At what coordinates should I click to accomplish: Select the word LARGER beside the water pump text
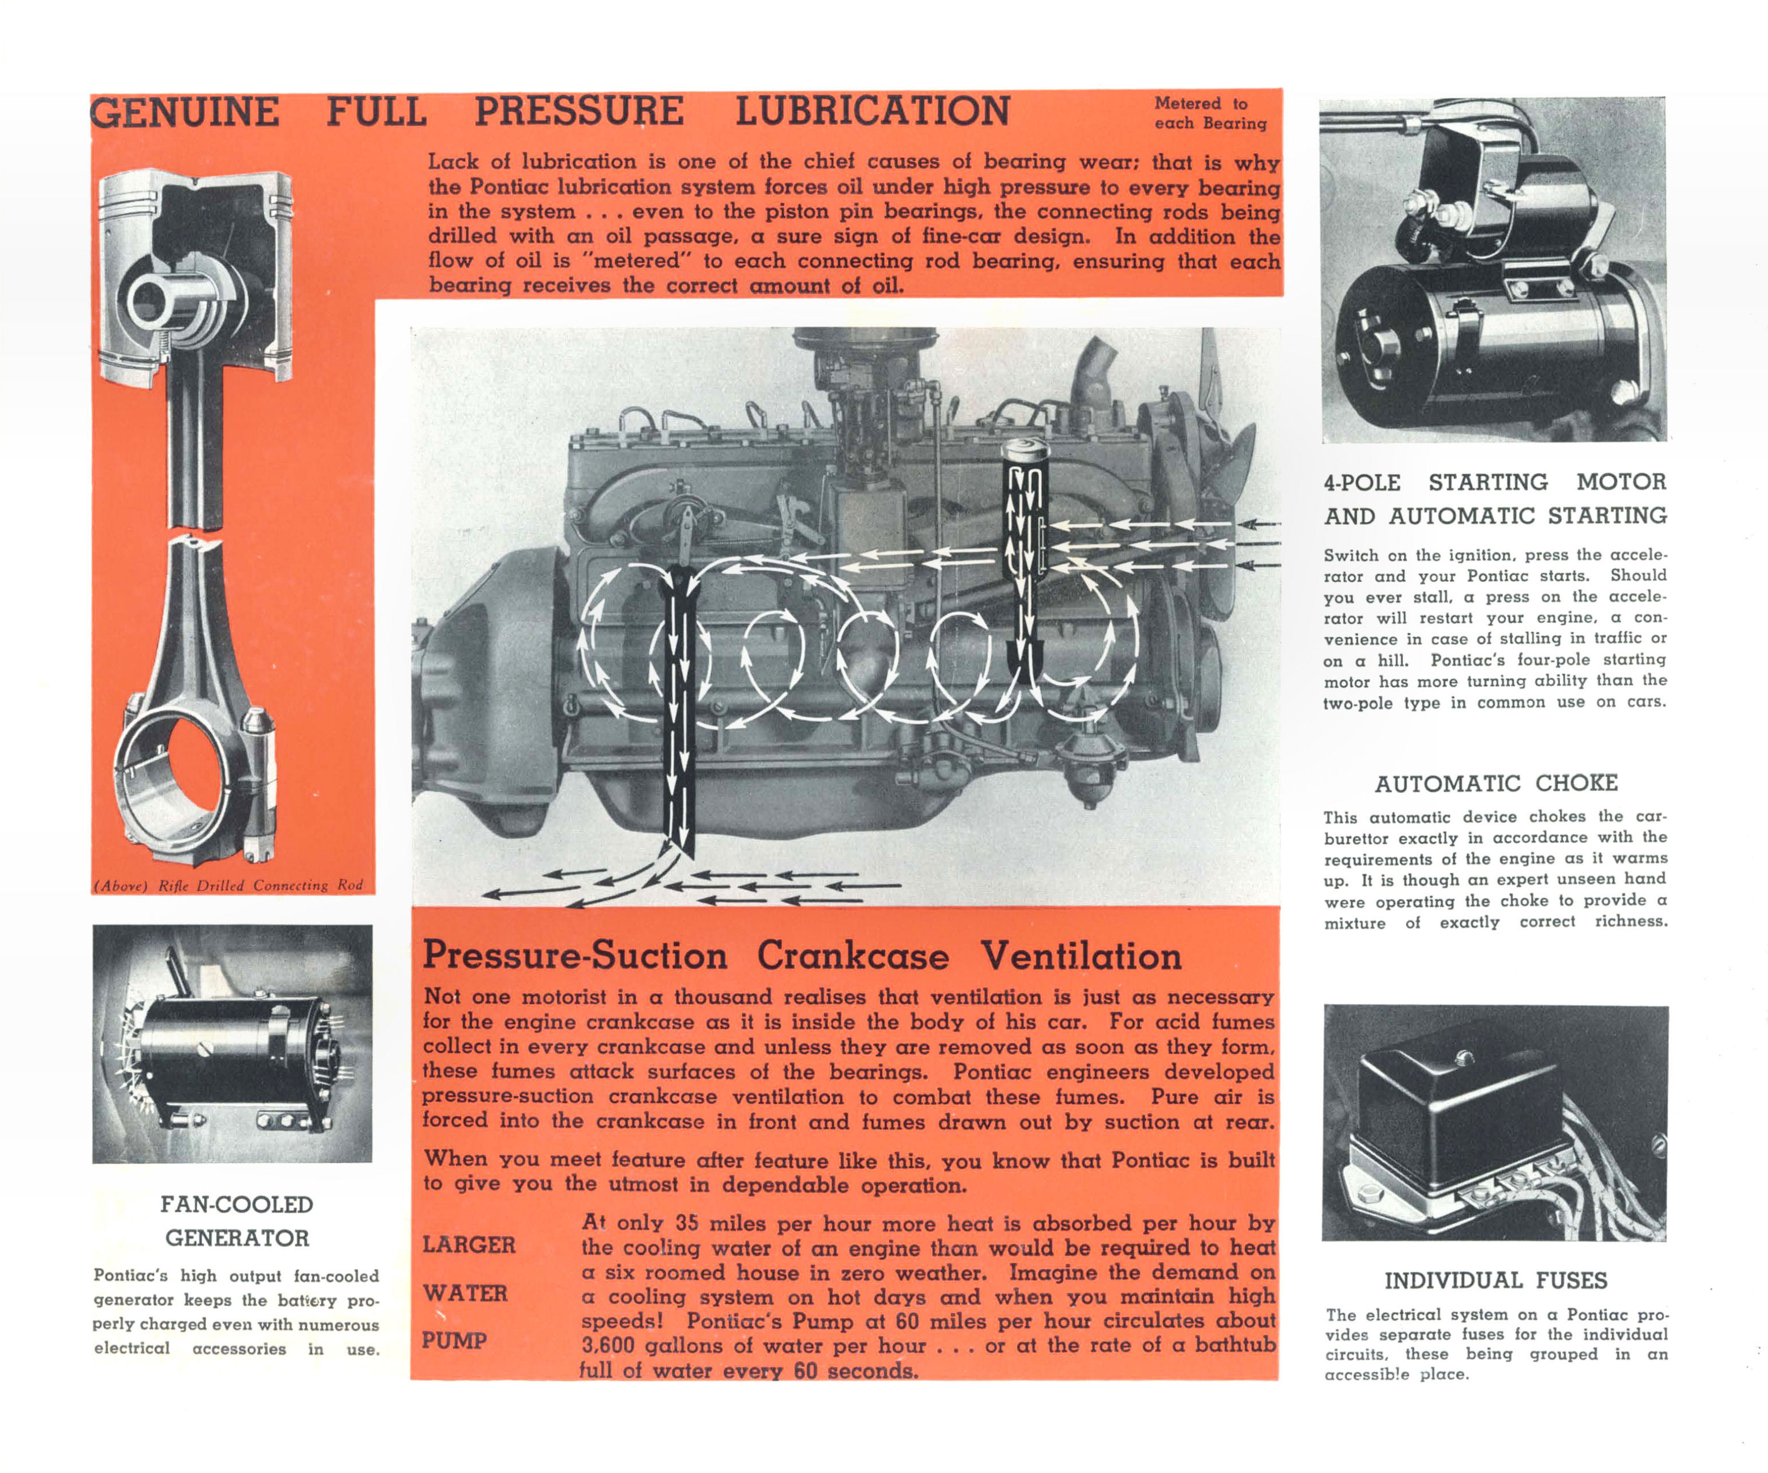(x=469, y=1244)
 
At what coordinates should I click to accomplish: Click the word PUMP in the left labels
(x=454, y=1340)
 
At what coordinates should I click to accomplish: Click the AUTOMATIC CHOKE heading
(x=1496, y=784)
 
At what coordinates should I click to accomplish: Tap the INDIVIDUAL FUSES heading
(x=1496, y=1280)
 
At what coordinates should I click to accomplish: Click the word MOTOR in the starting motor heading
(x=1621, y=482)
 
